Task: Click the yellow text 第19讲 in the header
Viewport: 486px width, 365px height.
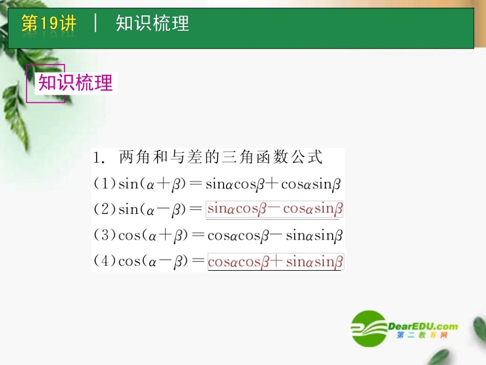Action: [49, 24]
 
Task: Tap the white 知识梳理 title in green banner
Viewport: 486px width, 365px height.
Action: [152, 24]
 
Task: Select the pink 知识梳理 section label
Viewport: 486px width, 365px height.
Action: [76, 83]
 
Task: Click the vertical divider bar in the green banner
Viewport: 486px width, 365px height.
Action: [96, 24]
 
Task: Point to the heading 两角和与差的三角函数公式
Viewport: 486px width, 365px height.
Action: [220, 157]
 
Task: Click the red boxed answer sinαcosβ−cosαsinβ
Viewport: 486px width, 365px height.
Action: [274, 209]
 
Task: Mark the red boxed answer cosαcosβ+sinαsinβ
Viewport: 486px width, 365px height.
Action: [275, 262]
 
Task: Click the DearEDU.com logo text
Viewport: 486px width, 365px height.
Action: [423, 326]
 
